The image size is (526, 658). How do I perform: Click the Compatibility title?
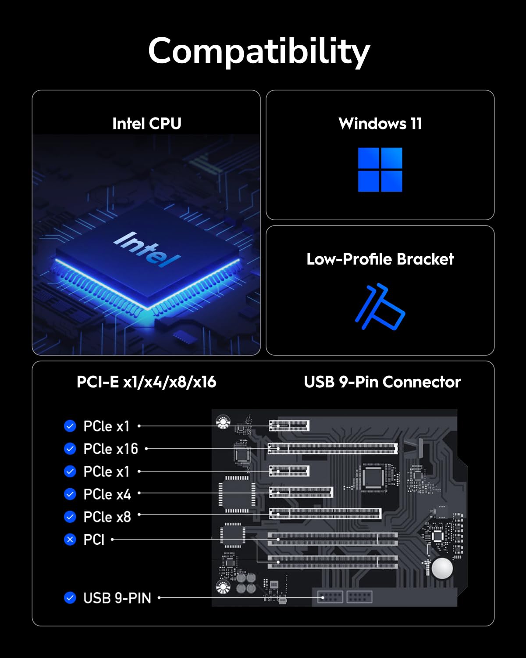click(x=259, y=51)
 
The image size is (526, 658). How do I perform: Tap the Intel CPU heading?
click(x=146, y=124)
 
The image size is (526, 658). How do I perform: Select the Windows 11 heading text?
click(x=380, y=124)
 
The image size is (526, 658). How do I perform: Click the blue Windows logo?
click(x=380, y=169)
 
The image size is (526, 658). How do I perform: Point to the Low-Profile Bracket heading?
click(x=380, y=259)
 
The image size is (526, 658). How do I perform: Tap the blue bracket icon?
click(x=380, y=307)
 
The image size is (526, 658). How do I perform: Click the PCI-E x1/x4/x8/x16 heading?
click(x=146, y=382)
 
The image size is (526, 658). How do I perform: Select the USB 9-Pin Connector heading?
click(x=382, y=382)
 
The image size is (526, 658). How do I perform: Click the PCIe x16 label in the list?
click(x=110, y=449)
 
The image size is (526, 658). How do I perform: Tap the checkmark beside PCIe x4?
click(x=70, y=494)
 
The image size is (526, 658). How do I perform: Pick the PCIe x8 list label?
click(x=107, y=517)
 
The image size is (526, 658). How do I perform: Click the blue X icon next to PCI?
click(x=70, y=539)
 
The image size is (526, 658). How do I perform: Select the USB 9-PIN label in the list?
click(x=117, y=598)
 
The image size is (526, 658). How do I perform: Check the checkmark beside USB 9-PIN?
click(x=70, y=597)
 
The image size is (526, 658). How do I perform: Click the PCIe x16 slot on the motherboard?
click(x=333, y=448)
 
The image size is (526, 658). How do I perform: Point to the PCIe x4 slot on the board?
click(x=301, y=492)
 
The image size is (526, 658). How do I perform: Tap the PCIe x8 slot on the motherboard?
click(x=325, y=514)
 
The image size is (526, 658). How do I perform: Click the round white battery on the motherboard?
click(x=442, y=569)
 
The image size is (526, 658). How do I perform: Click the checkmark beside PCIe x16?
click(x=70, y=448)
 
